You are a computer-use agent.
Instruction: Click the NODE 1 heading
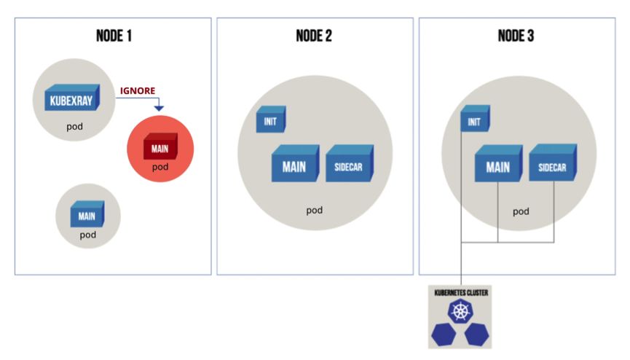(114, 36)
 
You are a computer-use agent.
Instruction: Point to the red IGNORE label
(138, 92)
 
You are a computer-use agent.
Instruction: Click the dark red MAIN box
(160, 149)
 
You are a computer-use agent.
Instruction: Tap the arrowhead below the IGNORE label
(159, 109)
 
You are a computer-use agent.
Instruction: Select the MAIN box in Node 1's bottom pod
(87, 215)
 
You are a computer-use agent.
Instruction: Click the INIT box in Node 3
(475, 118)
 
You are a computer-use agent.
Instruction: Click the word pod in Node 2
(314, 211)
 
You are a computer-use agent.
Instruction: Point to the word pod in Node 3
(521, 211)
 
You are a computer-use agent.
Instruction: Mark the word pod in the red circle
(160, 167)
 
